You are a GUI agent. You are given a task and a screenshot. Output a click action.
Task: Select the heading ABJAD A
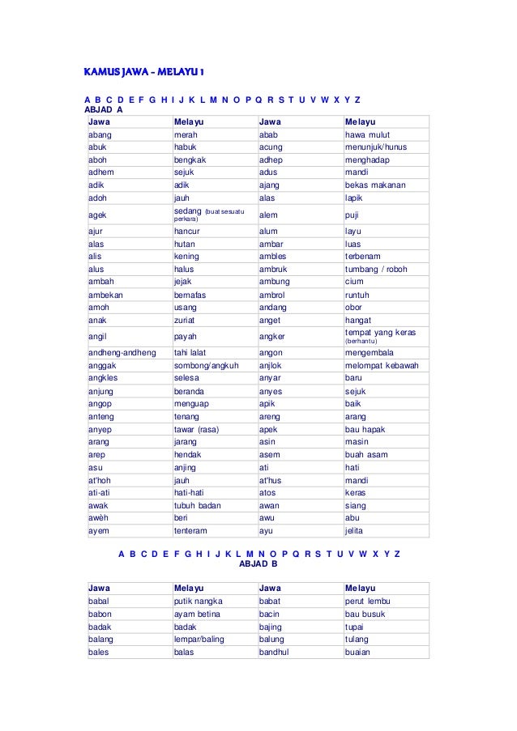coord(104,108)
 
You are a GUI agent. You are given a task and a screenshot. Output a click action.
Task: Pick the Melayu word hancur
coord(188,230)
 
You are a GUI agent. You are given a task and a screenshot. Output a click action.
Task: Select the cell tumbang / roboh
coord(375,268)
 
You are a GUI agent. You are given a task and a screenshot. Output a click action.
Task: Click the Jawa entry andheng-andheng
coord(119,352)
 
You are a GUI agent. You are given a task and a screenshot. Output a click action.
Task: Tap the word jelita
coord(354,531)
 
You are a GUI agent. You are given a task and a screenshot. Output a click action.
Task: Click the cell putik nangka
coord(199,601)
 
